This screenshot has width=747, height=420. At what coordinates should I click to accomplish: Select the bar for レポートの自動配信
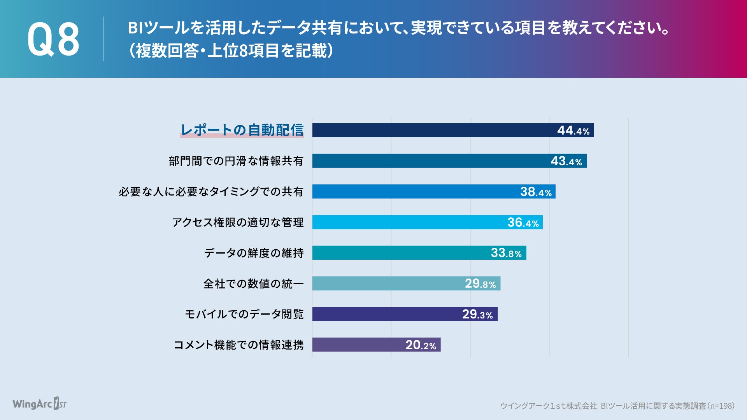pyautogui.click(x=428, y=130)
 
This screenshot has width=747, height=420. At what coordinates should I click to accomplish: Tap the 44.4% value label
pyautogui.click(x=573, y=130)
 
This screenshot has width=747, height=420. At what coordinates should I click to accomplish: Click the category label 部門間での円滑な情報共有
pyautogui.click(x=236, y=161)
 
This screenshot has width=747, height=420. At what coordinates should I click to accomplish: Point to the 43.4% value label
pyautogui.click(x=566, y=161)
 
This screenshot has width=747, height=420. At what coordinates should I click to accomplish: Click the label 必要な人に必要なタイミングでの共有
pyautogui.click(x=211, y=192)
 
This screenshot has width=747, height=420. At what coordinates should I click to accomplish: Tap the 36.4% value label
pyautogui.click(x=523, y=222)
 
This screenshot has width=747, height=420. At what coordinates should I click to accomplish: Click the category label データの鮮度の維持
pyautogui.click(x=254, y=253)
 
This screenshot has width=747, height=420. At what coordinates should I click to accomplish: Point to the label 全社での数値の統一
pyautogui.click(x=253, y=284)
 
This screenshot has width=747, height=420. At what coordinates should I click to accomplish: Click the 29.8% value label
pyautogui.click(x=480, y=284)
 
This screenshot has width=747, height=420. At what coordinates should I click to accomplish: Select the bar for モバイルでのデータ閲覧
pyautogui.click(x=381, y=314)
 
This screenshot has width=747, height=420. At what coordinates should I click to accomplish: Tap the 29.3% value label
pyautogui.click(x=477, y=314)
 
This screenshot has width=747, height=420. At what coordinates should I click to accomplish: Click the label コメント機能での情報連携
pyautogui.click(x=238, y=345)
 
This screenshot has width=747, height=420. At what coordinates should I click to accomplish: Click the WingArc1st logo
pyautogui.click(x=39, y=404)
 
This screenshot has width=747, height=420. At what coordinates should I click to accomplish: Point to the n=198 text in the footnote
pyautogui.click(x=721, y=406)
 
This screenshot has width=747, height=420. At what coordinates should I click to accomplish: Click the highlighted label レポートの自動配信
pyautogui.click(x=242, y=130)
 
